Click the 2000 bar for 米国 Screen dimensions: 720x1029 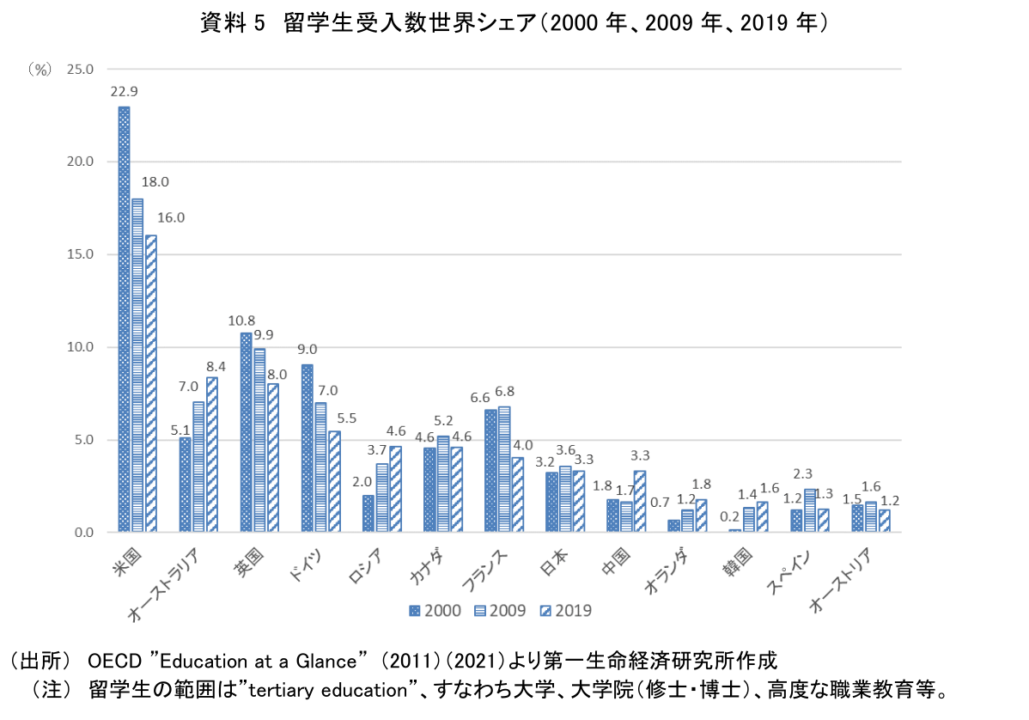124,320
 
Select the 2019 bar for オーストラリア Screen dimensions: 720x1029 212,455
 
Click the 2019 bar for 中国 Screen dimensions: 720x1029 639,502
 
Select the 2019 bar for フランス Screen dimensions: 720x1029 517,495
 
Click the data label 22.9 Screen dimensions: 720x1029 124,91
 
